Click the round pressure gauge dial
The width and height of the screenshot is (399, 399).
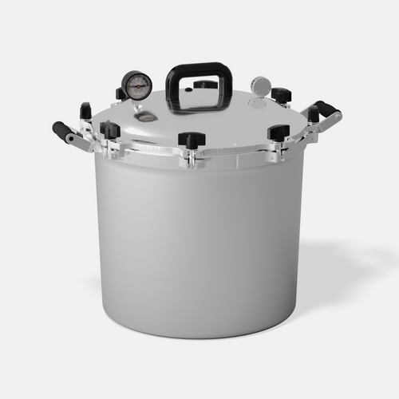136,85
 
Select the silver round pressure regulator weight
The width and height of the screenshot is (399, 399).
260,85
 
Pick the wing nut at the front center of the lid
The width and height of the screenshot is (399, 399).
192,140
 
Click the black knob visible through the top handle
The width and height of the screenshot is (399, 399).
205,84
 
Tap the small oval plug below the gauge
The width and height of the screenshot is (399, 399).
146,117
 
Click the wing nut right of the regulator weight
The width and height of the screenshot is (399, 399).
281,95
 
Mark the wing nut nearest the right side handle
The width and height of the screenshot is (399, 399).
313,114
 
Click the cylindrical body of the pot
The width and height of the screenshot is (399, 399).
199,239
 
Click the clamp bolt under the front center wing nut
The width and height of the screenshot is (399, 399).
192,158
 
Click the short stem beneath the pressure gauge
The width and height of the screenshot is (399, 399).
137,105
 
